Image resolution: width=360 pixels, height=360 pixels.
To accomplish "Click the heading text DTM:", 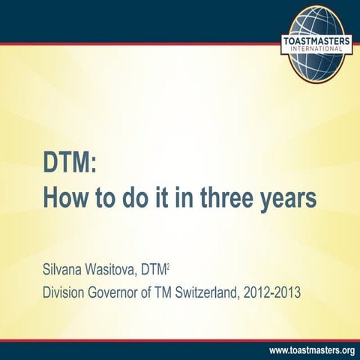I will tap(70, 162).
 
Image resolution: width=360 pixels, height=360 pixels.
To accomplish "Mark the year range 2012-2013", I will tap(269, 292).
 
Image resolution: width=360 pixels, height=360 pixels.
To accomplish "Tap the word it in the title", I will tap(160, 199).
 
